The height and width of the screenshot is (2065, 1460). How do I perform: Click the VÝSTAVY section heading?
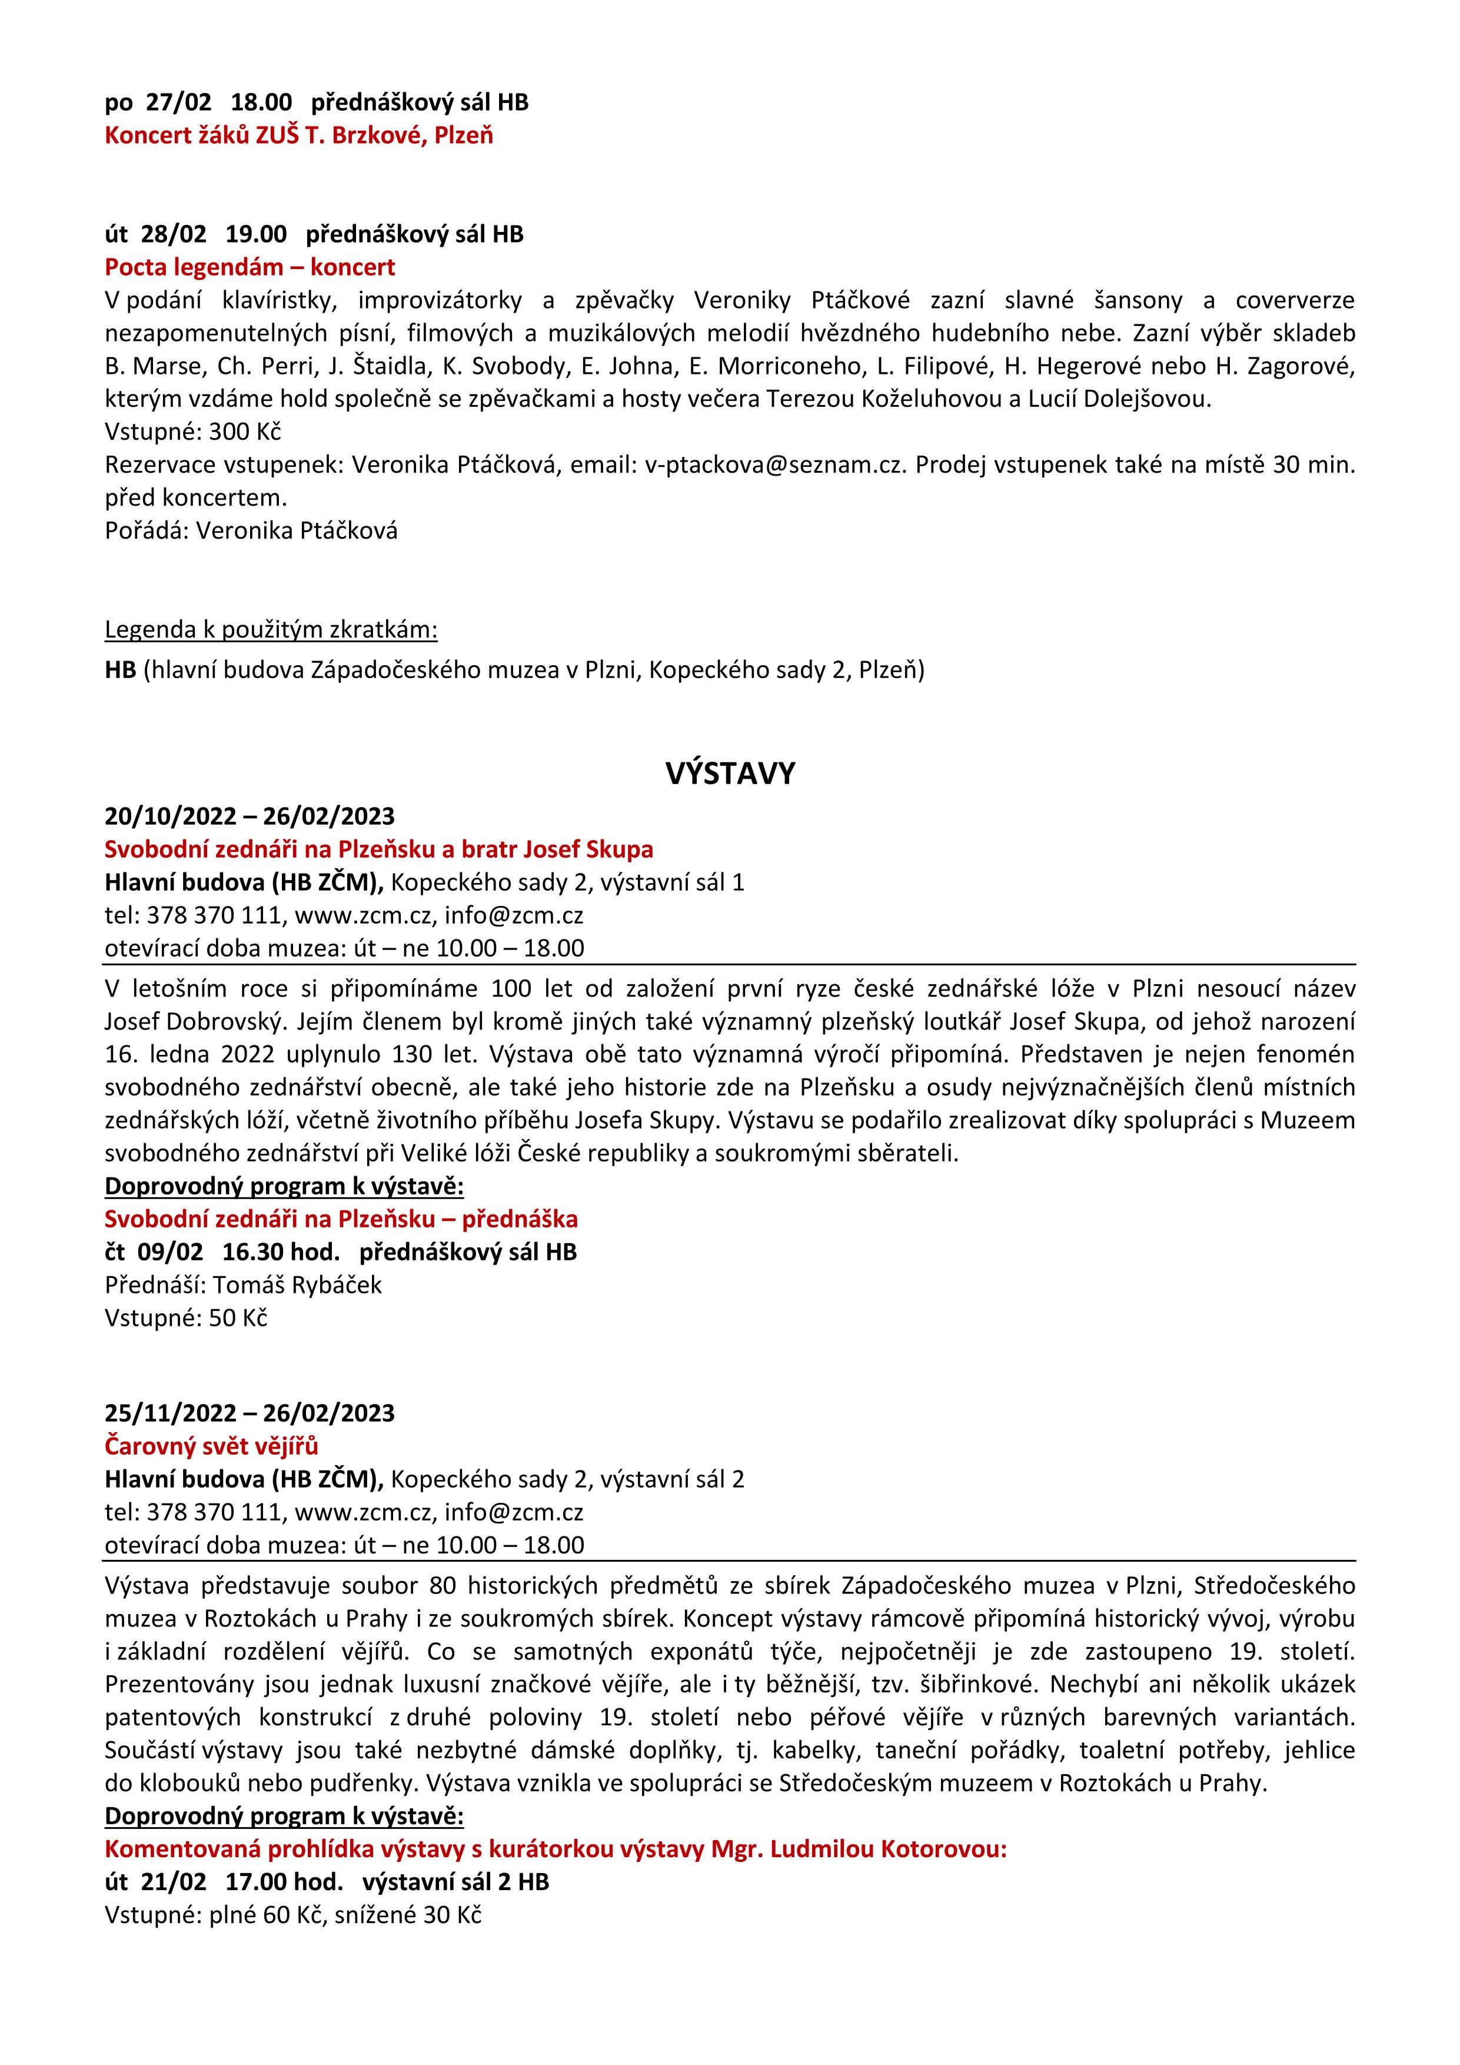tap(730, 773)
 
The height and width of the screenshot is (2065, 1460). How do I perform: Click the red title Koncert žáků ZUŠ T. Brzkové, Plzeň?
tap(298, 136)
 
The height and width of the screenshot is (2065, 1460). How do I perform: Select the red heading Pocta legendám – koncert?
tap(250, 267)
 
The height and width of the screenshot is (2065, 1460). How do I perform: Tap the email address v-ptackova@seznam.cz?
tap(773, 465)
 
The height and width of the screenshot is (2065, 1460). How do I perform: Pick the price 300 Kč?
tap(245, 431)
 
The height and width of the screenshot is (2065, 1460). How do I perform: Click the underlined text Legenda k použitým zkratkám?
tap(271, 630)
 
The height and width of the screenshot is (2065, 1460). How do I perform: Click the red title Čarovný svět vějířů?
tap(211, 1446)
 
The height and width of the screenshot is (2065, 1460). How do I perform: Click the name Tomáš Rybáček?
tap(298, 1284)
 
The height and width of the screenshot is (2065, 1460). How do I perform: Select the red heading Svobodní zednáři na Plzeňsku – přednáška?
tap(341, 1219)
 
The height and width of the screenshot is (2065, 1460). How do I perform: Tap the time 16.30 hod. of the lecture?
tap(281, 1252)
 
